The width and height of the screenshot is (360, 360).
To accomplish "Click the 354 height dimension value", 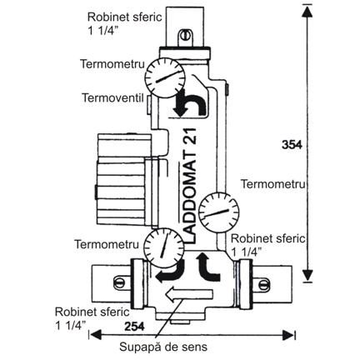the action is (x=292, y=145).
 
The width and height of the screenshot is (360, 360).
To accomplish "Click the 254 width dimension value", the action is (x=134, y=327).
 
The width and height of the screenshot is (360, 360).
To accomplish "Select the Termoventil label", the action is (x=112, y=97).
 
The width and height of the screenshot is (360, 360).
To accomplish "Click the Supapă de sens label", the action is (x=163, y=347).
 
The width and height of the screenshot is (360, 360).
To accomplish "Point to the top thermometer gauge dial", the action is (x=165, y=77).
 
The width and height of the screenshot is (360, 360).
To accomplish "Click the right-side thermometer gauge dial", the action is (x=219, y=212).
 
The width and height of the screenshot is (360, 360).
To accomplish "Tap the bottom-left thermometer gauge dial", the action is (x=164, y=247).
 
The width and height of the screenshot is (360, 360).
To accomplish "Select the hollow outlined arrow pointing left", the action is (x=189, y=294).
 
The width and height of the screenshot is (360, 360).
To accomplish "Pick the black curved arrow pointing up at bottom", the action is (x=207, y=267).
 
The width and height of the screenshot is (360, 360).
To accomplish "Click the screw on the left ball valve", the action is (x=119, y=282).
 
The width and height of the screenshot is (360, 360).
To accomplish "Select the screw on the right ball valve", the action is (x=264, y=284).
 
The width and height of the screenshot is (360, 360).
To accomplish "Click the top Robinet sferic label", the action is (x=124, y=23).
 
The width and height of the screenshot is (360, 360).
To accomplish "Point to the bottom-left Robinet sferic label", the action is (x=92, y=318).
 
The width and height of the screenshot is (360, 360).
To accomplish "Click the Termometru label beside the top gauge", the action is (x=112, y=64).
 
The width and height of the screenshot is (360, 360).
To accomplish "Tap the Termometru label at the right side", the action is (x=272, y=184).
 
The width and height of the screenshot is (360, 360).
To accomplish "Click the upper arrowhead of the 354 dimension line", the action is (x=307, y=11).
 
